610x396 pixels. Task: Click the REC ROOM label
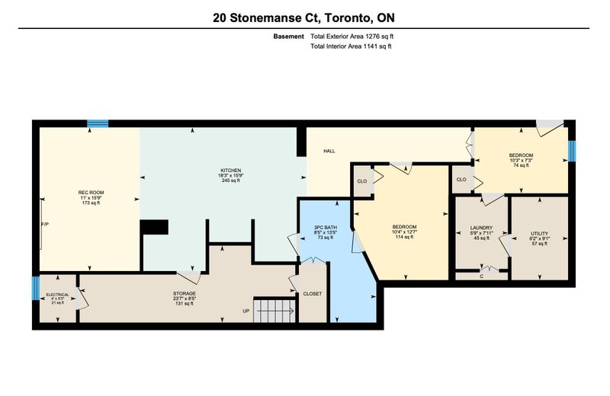(91, 193)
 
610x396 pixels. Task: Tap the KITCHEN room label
(231, 171)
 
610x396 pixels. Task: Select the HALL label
(329, 151)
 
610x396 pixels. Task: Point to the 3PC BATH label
(326, 228)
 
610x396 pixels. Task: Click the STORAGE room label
(185, 293)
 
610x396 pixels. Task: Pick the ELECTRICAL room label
(58, 295)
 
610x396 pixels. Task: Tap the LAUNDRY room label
(481, 228)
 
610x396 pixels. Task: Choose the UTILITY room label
(539, 234)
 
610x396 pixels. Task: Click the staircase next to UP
(275, 310)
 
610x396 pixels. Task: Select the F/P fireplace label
(45, 224)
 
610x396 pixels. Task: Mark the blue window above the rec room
(98, 123)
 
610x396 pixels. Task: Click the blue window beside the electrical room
(35, 288)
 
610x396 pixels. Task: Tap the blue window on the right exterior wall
(571, 151)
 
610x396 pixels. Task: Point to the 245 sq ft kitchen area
(231, 180)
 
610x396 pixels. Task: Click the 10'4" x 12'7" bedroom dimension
(405, 232)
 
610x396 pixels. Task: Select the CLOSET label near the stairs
(313, 294)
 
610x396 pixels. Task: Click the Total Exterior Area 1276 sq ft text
(352, 37)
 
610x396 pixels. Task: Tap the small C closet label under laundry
(482, 276)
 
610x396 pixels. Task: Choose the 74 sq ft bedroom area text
(522, 164)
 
